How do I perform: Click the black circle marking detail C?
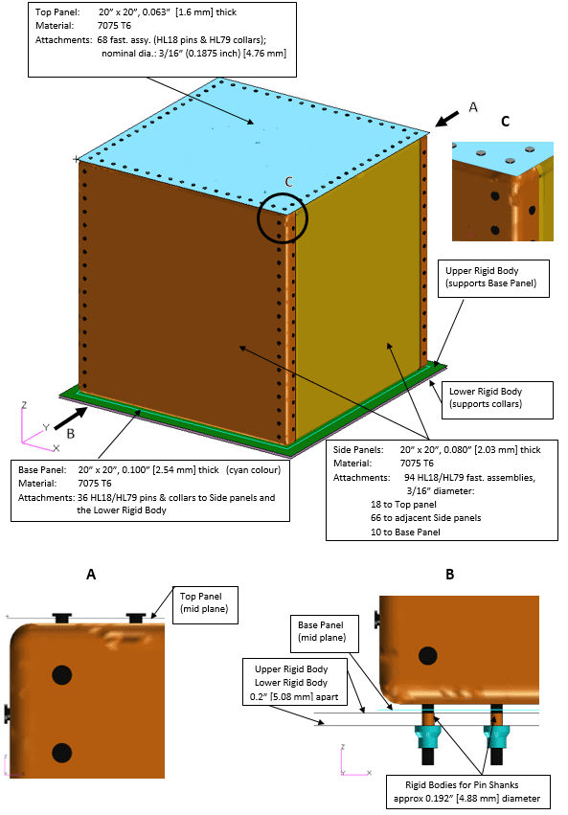point(283,219)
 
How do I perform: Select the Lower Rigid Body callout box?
point(494,398)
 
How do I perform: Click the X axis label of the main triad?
point(57,447)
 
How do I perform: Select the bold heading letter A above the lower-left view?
point(90,575)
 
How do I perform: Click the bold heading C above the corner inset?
point(506,123)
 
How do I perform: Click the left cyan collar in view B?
point(427,737)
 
